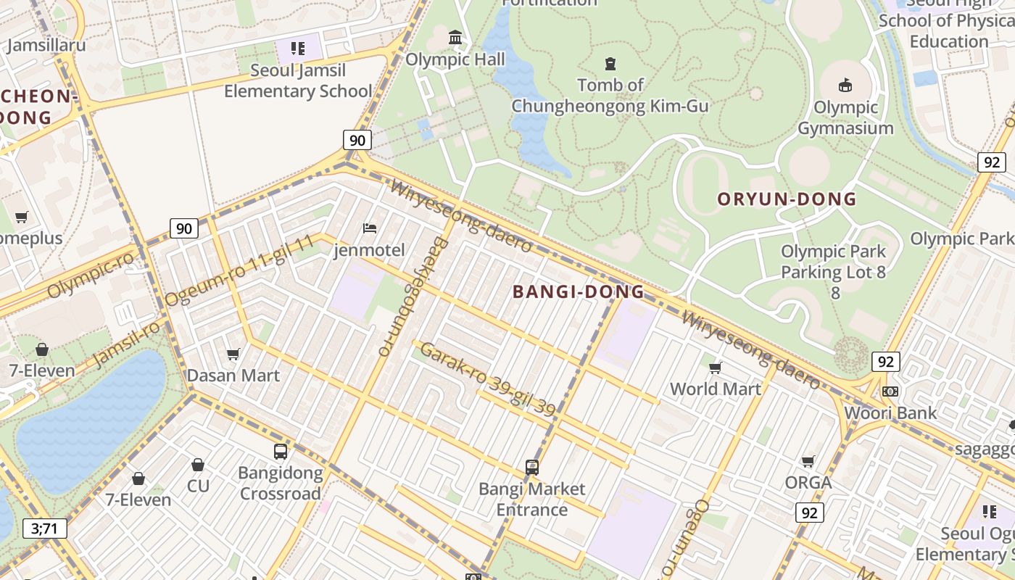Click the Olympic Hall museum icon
point(455,37)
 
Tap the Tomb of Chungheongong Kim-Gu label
point(610,96)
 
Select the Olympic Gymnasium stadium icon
point(845,86)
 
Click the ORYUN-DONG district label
point(787,199)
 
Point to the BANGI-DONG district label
point(578,291)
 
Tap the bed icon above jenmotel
point(370,228)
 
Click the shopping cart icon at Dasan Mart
point(233,354)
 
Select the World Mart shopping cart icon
point(716,368)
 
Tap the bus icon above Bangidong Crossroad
point(281,451)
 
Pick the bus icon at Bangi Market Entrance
point(532,467)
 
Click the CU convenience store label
point(198,485)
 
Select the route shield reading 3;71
point(44,529)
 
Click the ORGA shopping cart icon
point(808,461)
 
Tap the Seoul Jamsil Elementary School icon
point(298,49)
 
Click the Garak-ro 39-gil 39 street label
point(488,379)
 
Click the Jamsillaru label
point(46,45)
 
